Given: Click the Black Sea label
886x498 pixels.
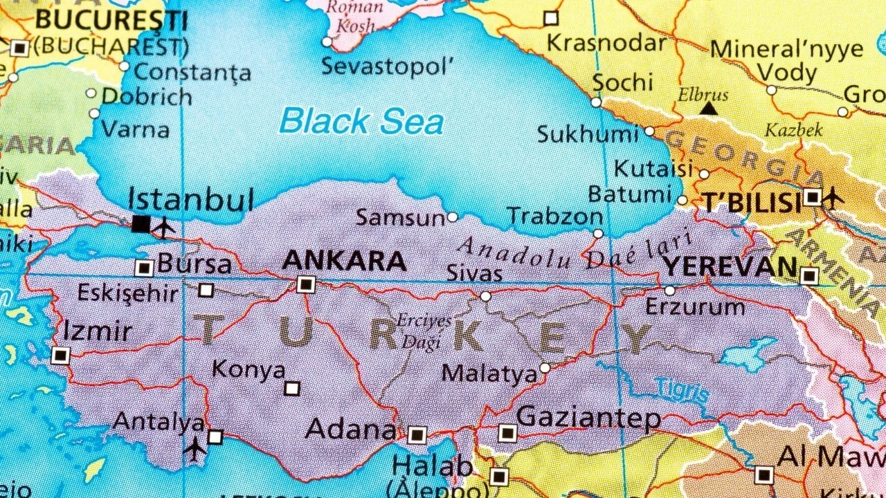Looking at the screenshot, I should point(361,122).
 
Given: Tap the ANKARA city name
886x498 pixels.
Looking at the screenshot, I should point(345,261).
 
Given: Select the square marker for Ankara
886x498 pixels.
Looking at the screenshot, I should point(306,284).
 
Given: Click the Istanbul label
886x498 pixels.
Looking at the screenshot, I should point(191,200).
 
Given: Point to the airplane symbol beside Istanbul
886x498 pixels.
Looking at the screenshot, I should point(164,226).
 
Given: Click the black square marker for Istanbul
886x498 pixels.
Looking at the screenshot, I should point(141,223).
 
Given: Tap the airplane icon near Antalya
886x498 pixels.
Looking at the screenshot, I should point(196,449).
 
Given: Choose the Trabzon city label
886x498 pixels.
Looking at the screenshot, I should point(555,216).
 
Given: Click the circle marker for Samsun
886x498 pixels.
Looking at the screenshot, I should point(452,217).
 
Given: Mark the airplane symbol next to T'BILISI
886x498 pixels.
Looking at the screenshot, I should point(833,199).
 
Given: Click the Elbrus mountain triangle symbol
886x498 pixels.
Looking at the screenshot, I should point(707,109).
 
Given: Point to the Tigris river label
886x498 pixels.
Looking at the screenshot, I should point(682,390).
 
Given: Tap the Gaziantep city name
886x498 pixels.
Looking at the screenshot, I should point(589,418).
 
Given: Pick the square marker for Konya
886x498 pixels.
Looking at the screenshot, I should point(292,389).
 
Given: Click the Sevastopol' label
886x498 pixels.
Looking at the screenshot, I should point(388,66).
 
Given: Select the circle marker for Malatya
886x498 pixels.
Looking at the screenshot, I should point(545,368).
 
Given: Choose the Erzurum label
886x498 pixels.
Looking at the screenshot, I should point(695,306).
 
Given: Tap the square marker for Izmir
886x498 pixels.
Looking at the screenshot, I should point(61,356).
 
